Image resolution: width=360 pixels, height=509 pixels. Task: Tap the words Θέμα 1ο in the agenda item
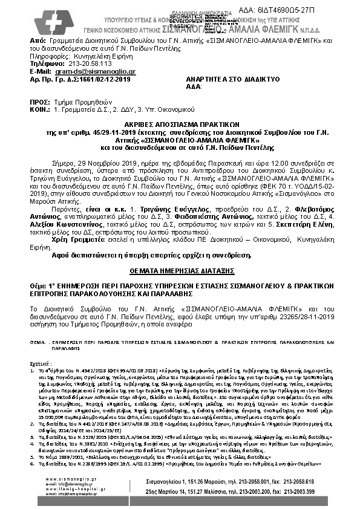coord(41,284)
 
